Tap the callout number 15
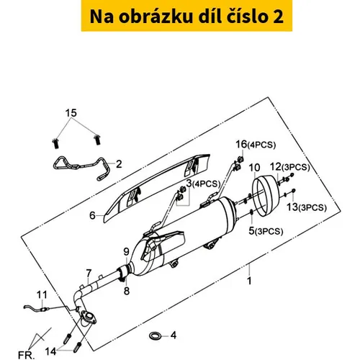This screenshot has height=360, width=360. tap(71, 112)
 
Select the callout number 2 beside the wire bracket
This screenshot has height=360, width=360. tap(119, 164)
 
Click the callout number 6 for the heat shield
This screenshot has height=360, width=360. tap(92, 215)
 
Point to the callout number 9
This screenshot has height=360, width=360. tap(127, 252)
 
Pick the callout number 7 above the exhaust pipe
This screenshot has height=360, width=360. tap(89, 273)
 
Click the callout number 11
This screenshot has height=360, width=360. tap(42, 295)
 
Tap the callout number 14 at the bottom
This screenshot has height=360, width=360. tap(50, 352)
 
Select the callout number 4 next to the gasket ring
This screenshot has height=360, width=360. tap(174, 336)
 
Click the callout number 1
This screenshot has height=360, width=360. tap(249, 281)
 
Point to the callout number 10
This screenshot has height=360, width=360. tap(254, 168)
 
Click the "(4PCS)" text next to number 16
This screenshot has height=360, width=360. tap(261, 145)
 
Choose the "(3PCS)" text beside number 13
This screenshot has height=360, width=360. tap(312, 208)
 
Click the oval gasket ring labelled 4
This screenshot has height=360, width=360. tap(155, 336)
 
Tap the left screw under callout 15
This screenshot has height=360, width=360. tap(55, 143)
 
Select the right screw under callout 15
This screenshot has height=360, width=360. tap(97, 140)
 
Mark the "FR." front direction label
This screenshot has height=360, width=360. tap(26, 355)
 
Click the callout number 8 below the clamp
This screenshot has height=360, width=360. tap(127, 291)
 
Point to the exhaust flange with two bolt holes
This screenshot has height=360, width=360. tap(89, 318)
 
